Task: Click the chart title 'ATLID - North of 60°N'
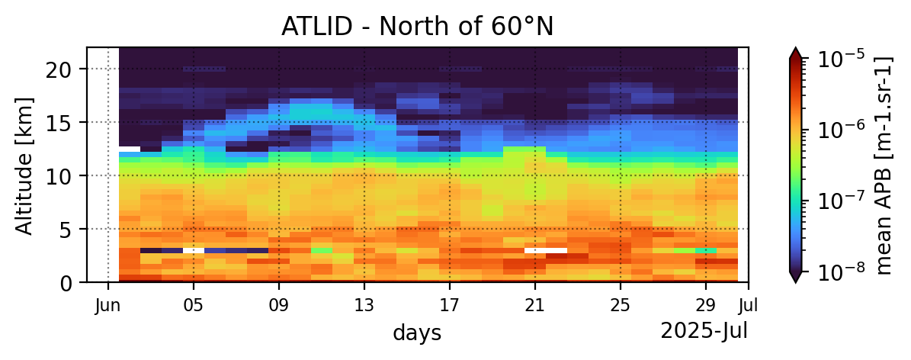[x=417, y=27]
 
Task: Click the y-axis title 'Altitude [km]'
[x=24, y=166]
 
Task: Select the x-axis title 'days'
[x=416, y=333]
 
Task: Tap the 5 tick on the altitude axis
[x=71, y=229]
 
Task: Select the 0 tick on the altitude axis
[x=71, y=283]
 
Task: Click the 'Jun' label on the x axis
[x=108, y=304]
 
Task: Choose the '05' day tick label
[x=194, y=304]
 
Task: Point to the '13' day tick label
[x=364, y=304]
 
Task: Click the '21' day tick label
[x=535, y=304]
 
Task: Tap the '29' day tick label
[x=705, y=304]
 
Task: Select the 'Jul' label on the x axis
[x=749, y=304]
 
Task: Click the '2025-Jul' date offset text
[x=704, y=331]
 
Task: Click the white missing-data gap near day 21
[x=546, y=251]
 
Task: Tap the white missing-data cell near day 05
[x=194, y=251]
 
